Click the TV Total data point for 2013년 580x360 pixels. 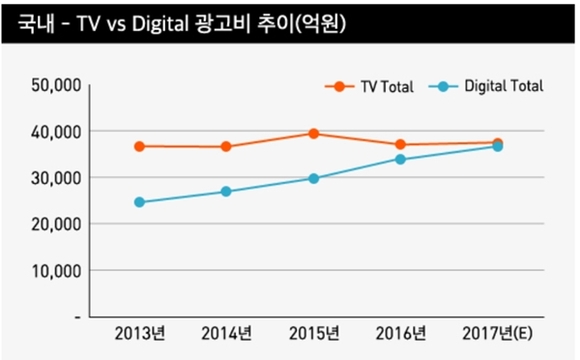click(x=139, y=146)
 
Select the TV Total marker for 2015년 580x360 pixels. click(x=313, y=133)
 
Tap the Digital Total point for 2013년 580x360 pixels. click(x=139, y=202)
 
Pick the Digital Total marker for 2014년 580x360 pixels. click(x=226, y=191)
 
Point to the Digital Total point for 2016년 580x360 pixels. click(x=400, y=159)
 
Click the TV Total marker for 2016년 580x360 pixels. click(x=400, y=145)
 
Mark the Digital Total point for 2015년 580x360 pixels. click(x=313, y=178)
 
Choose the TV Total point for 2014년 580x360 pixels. click(x=226, y=146)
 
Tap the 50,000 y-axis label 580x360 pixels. click(x=54, y=86)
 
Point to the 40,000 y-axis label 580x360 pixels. click(x=54, y=132)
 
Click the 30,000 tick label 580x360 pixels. click(x=54, y=178)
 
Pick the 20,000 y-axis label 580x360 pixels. click(x=54, y=224)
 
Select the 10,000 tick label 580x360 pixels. click(x=54, y=270)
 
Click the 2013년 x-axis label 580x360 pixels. click(x=139, y=333)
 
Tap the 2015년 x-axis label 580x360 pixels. click(x=313, y=333)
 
